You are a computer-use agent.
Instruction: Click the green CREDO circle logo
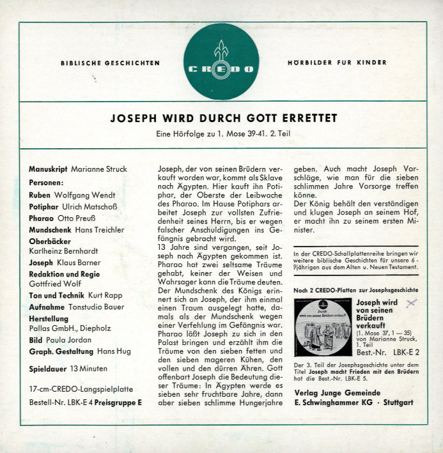point(222,63)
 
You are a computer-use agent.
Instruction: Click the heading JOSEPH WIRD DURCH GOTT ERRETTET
point(224,118)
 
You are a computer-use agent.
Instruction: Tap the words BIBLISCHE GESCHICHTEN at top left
point(110,63)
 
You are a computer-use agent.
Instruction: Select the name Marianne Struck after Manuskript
point(99,169)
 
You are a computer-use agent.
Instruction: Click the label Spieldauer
point(49,369)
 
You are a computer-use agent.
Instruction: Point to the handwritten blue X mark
point(412,303)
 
